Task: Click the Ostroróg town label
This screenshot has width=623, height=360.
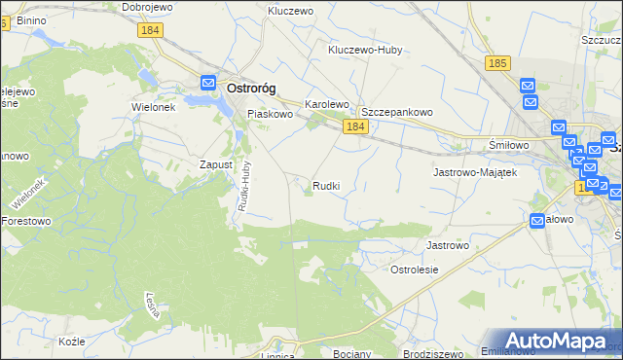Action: coord(251,88)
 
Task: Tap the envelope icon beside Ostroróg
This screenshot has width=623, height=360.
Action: coord(208,84)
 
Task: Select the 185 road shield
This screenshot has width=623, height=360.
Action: coord(496,63)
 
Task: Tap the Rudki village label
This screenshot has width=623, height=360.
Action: coord(326,185)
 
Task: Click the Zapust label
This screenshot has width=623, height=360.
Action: coord(215,164)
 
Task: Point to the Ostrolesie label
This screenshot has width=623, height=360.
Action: coord(415,270)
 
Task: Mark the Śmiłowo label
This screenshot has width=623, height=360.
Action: coord(508,145)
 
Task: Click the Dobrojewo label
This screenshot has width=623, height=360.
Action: coord(147,7)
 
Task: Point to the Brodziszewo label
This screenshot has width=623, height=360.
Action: coord(429,353)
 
